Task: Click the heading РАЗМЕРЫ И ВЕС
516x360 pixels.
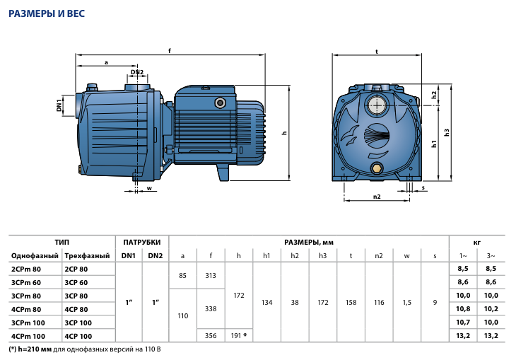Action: tap(47, 13)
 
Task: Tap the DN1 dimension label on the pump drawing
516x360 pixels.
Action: tap(59, 105)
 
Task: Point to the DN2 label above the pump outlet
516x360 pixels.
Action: tap(137, 72)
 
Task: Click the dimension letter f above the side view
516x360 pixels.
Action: tap(170, 50)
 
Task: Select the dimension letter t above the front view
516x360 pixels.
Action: tap(377, 52)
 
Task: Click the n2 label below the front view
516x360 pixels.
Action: tap(377, 197)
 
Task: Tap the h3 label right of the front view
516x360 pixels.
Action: tap(447, 132)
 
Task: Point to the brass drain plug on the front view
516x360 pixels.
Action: tap(377, 168)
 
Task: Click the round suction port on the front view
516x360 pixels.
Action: tap(377, 105)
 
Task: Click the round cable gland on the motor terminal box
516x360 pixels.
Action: tap(220, 103)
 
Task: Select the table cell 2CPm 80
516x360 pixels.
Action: tap(26, 269)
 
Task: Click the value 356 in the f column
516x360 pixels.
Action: tap(211, 336)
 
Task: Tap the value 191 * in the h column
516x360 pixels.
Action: tap(239, 336)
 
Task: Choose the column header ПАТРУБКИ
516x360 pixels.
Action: tap(142, 243)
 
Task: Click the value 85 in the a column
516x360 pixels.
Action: tap(182, 276)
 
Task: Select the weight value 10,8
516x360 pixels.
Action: tap(463, 309)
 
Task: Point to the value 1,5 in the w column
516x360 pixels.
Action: tap(407, 303)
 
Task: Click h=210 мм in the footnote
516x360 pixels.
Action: tap(35, 349)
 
